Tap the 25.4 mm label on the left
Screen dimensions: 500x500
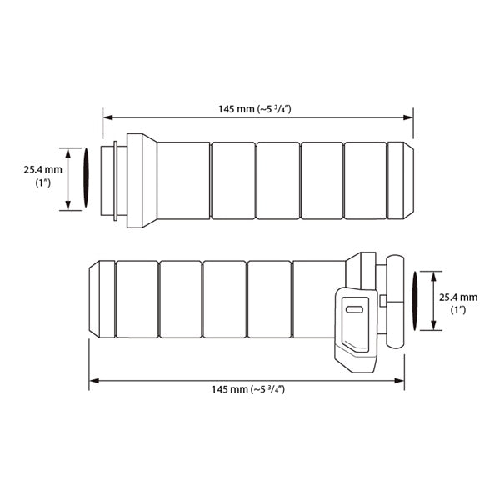click(42, 168)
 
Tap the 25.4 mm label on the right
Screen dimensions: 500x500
click(457, 296)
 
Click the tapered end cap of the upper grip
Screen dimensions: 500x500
click(401, 181)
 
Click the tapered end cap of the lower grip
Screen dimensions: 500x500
click(102, 299)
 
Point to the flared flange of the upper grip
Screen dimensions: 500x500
click(142, 181)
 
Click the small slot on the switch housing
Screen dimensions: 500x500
click(354, 309)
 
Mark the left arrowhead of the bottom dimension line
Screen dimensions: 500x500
click(92, 380)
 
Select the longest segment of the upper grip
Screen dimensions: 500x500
click(183, 181)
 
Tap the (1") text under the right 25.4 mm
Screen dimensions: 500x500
click(457, 309)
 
